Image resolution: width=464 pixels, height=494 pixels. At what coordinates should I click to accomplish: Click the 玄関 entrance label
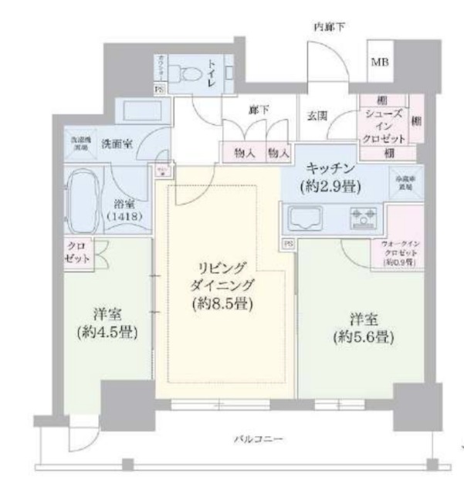click(x=318, y=116)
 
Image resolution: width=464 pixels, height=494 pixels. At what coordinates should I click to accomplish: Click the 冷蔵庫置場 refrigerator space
click(x=405, y=182)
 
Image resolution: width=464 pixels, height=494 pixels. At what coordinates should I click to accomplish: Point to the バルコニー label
click(x=259, y=439)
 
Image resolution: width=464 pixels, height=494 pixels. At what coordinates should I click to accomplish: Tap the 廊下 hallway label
click(x=259, y=110)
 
